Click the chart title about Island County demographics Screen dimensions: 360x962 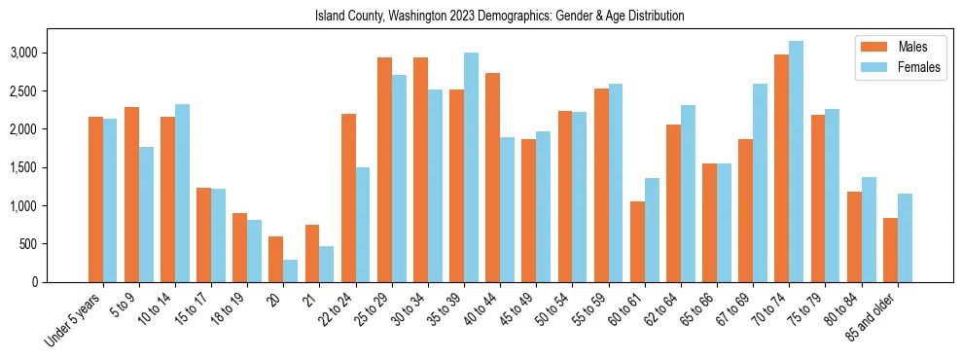pos(500,17)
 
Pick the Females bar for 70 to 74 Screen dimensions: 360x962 pos(797,162)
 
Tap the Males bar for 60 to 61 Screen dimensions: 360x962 pos(637,241)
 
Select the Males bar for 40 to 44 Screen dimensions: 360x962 pos(493,177)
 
